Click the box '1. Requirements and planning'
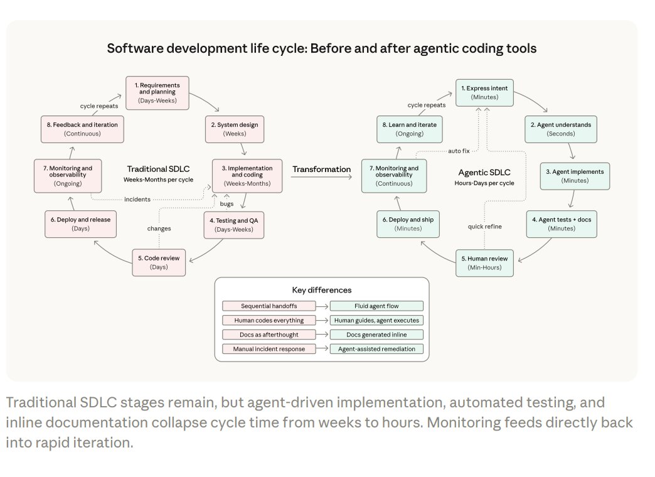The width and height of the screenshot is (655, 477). (x=159, y=92)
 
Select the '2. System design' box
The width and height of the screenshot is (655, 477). (x=233, y=129)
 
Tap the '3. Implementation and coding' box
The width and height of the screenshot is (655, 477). (x=247, y=176)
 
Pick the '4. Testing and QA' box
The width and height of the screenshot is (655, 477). (x=234, y=224)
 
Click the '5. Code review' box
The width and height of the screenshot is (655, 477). (x=159, y=262)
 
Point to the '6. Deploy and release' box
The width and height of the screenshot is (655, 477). (x=81, y=224)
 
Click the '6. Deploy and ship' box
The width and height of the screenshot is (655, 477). (x=408, y=224)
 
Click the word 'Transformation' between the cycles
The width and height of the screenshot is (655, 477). (x=322, y=169)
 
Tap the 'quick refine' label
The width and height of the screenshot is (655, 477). (x=486, y=227)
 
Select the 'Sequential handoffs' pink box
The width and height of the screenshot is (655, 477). (x=269, y=306)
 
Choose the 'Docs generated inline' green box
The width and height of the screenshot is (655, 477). (x=376, y=335)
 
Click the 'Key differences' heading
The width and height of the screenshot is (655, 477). (x=322, y=290)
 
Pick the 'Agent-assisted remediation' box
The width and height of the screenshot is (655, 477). (x=376, y=349)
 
